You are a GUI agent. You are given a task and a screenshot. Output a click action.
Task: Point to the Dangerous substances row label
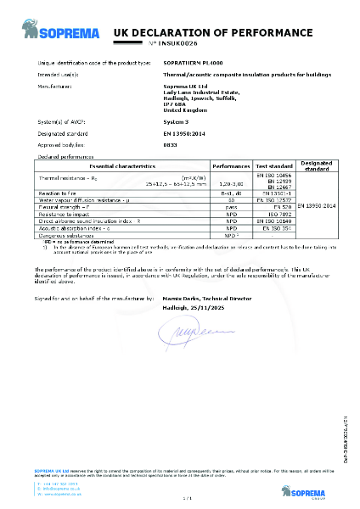click(69, 233)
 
